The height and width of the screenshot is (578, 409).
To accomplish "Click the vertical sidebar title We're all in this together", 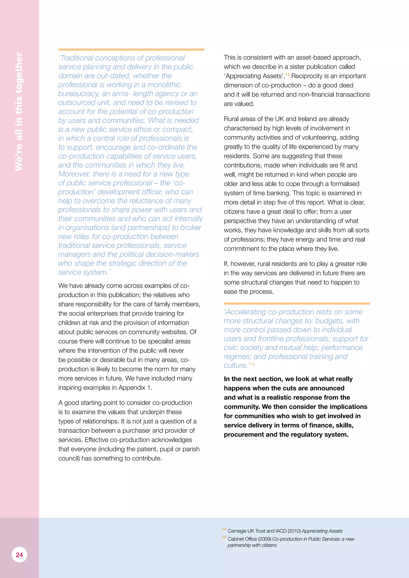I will (x=19, y=112).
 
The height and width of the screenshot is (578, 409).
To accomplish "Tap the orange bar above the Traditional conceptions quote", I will (x=131, y=49).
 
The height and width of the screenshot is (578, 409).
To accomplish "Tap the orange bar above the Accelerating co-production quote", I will (x=297, y=304).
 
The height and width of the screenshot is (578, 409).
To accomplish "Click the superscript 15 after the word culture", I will (x=252, y=364).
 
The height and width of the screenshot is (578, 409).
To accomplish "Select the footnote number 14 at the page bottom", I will (x=224, y=529).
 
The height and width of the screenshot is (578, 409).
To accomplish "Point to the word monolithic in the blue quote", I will (x=164, y=85).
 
